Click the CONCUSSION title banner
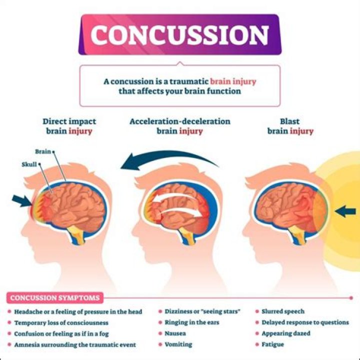coord(179,34)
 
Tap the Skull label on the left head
coord(29,164)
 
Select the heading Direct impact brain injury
coord(69,126)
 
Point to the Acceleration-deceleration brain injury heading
coord(179,126)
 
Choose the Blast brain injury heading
coord(290,126)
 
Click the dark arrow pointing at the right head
coord(345,211)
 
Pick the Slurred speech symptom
coord(283,311)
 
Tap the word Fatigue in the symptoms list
coord(272,344)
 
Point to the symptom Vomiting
coord(178,344)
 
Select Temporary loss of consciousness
coord(61,322)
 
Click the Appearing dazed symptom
coord(286,333)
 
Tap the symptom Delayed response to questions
coord(305,322)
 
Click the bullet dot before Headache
coord(9,311)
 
